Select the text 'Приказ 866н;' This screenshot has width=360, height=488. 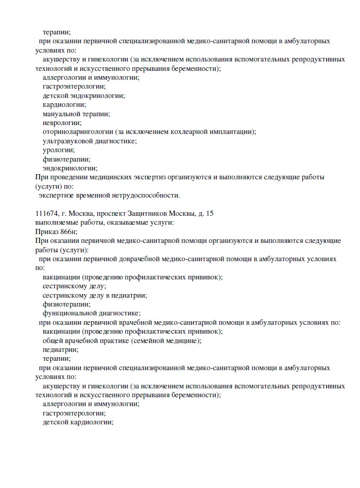[x=56, y=231]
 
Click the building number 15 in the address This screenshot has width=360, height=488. [x=210, y=213]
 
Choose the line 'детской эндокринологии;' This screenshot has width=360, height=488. [x=84, y=95]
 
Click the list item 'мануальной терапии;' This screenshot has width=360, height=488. [x=76, y=114]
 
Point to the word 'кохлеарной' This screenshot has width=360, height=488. [x=176, y=132]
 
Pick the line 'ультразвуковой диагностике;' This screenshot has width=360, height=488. [x=90, y=141]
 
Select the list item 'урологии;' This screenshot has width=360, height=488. [x=59, y=150]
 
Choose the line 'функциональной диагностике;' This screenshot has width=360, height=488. [x=92, y=313]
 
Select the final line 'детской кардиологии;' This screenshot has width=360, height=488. [x=78, y=422]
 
